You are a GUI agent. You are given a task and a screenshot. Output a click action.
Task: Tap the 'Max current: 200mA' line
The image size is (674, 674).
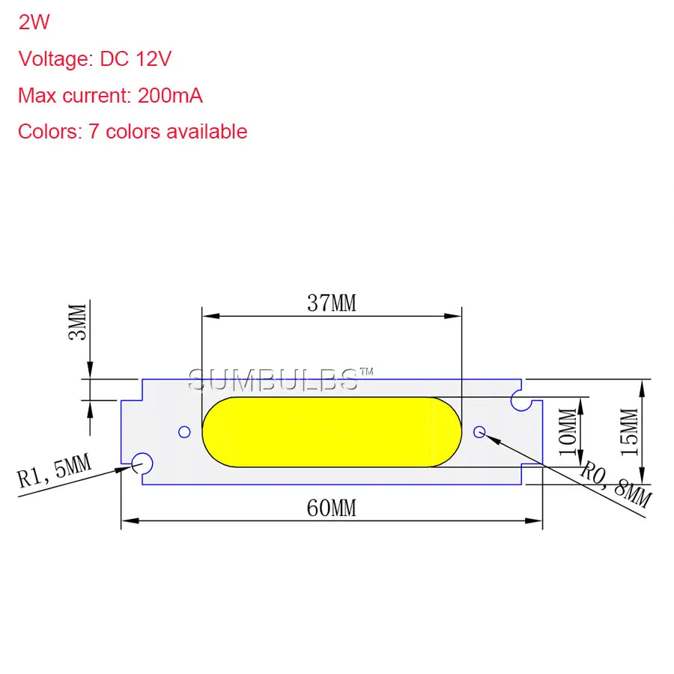pyautogui.click(x=110, y=96)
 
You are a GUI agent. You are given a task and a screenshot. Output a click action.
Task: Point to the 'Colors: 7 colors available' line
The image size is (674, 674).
pyautogui.click(x=133, y=132)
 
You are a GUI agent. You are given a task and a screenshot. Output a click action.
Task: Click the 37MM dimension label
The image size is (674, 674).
pyautogui.click(x=332, y=303)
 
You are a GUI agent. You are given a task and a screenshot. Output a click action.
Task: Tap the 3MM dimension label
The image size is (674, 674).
pyautogui.click(x=77, y=321)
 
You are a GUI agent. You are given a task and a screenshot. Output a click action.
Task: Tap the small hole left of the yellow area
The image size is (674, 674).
pyautogui.click(x=183, y=431)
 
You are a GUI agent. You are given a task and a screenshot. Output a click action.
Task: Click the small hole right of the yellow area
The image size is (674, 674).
pyautogui.click(x=480, y=431)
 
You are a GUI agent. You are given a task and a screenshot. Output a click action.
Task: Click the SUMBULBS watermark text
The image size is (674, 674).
pyautogui.click(x=273, y=380)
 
